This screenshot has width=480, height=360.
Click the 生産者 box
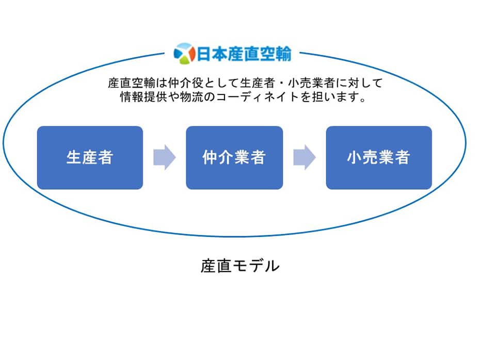pos(90,157)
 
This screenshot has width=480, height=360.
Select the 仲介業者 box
pos(234,157)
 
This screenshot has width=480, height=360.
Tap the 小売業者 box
pos(379,157)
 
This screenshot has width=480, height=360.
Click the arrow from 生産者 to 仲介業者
pos(165,157)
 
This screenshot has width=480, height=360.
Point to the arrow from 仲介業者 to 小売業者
pos(305,157)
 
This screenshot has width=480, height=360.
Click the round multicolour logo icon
pos(184,54)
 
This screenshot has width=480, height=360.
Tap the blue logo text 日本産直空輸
pos(244,54)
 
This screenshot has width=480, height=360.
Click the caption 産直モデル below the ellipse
pos(240,266)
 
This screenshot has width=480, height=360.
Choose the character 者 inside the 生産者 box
pos(105,157)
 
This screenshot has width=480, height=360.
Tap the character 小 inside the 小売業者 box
pos(355,157)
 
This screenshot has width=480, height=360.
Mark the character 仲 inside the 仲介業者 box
pos(210,157)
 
